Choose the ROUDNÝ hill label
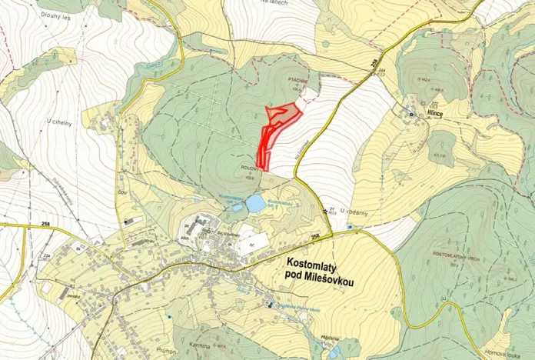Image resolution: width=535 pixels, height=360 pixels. [x=248, y=172]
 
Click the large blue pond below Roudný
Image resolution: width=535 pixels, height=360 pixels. [x=255, y=203]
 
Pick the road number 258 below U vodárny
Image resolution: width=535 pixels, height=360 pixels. [x=315, y=236]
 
